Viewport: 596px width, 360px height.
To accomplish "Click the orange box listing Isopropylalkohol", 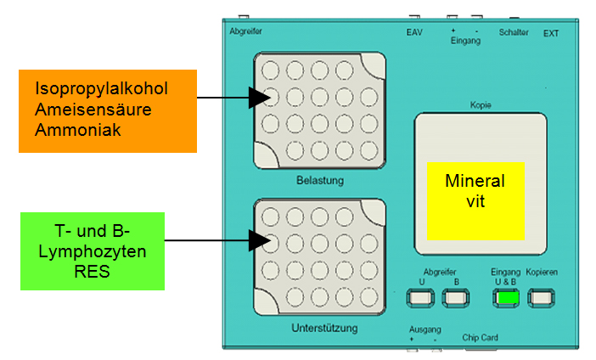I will pos(108,110).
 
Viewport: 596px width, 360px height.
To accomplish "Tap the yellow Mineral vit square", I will pos(475,200).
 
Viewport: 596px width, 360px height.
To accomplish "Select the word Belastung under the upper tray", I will pos(319,181).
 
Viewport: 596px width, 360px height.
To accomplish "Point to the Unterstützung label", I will pos(319,327).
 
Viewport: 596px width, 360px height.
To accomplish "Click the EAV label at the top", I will pos(413,33).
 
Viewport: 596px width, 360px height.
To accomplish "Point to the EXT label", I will pos(551,34).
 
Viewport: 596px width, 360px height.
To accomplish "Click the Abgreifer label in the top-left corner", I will pos(246,31).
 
